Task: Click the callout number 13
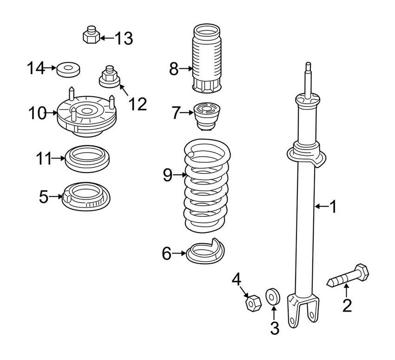point(124,38)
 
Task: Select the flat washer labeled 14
point(68,70)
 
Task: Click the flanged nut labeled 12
point(109,77)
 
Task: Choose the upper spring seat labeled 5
point(86,196)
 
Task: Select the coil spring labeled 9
point(207,186)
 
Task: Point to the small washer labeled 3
point(272,296)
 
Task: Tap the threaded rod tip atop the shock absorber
point(307,74)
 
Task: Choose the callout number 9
point(168,175)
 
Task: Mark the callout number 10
point(37,113)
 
